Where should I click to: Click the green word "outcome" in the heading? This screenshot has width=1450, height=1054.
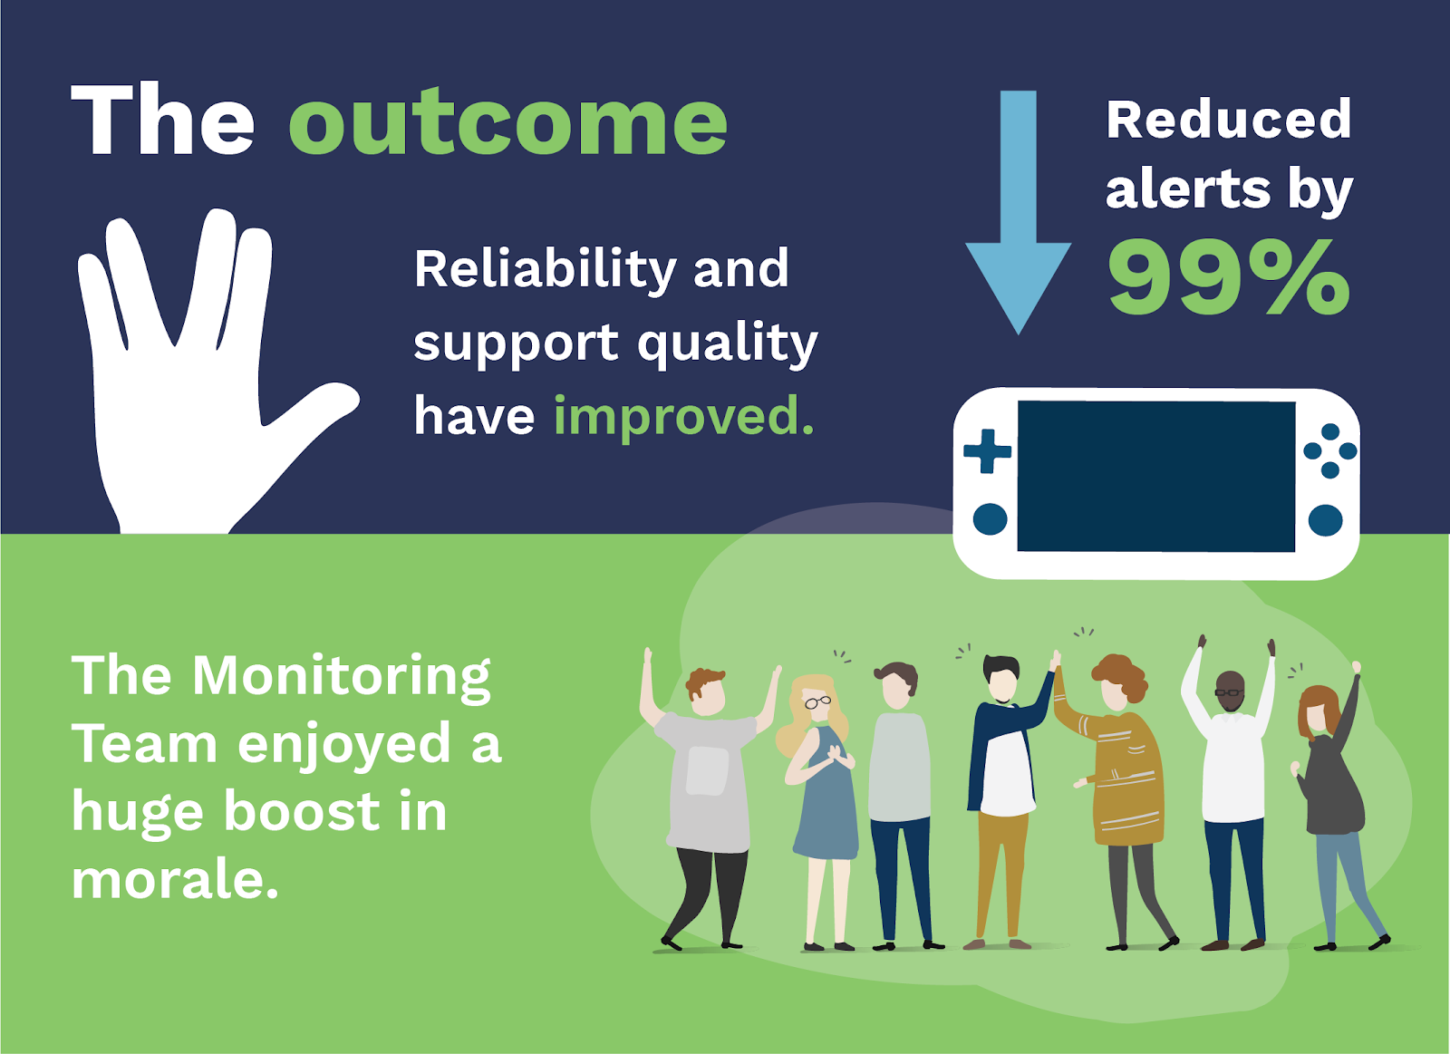(507, 122)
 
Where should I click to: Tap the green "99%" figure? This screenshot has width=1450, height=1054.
(1229, 277)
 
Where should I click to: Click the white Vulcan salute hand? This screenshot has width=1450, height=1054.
(190, 381)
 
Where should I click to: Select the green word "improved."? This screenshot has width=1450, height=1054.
(683, 416)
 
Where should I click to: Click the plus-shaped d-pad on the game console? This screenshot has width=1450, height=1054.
(987, 450)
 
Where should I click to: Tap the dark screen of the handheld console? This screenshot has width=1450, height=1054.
(1155, 476)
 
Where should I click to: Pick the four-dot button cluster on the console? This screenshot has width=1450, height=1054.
(1329, 450)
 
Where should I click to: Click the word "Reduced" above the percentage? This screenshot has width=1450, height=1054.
(1228, 120)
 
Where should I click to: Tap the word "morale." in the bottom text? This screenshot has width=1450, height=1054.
(175, 879)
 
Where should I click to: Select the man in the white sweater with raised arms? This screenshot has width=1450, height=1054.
(1232, 770)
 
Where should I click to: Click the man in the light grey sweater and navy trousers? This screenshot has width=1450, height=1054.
(899, 788)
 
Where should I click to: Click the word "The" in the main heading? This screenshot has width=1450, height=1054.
(163, 122)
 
